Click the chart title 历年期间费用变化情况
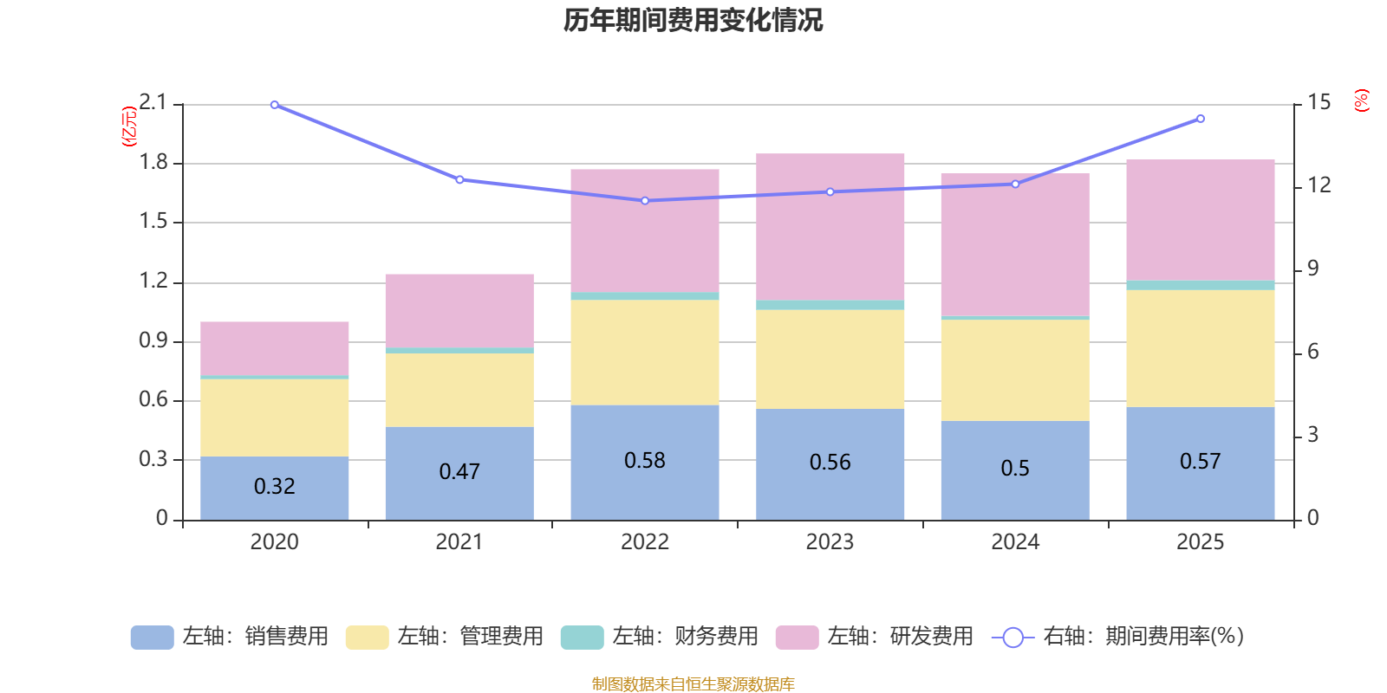(x=693, y=20)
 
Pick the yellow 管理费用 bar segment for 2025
(x=1200, y=348)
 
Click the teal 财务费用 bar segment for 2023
(x=830, y=305)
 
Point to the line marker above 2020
(x=274, y=105)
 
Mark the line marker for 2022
(x=644, y=201)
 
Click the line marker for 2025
(x=1200, y=119)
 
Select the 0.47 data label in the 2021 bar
(x=459, y=472)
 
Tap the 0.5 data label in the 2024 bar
(x=1015, y=469)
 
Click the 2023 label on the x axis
(x=830, y=542)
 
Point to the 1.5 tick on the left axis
(x=153, y=222)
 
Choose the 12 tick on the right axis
(x=1319, y=185)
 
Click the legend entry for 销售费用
(x=230, y=637)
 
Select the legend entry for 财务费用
(x=660, y=637)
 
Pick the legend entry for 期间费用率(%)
(x=1118, y=637)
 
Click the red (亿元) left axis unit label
(x=129, y=126)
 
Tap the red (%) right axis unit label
(x=1361, y=100)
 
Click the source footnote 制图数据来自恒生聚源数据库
(x=693, y=684)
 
